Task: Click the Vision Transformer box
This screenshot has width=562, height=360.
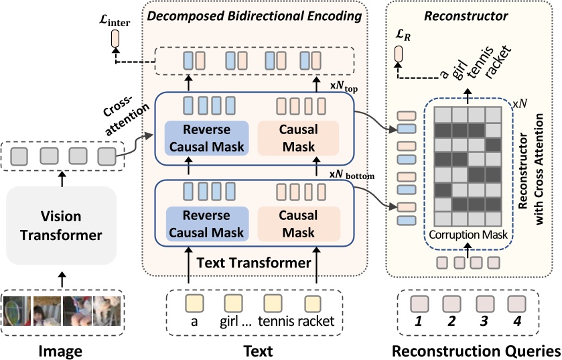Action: pos(62,226)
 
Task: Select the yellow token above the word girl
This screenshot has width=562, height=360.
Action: pos(232,302)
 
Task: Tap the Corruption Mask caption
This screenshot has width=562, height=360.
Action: pos(466,235)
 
